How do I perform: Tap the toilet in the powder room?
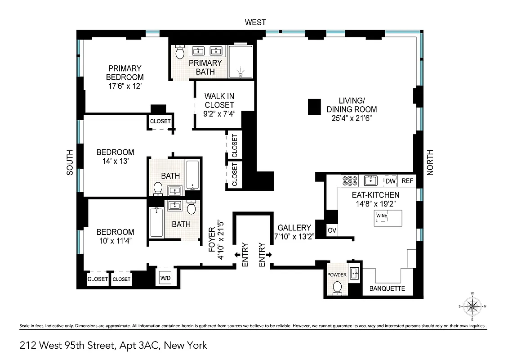(338, 288)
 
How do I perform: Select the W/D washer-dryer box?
(165, 279)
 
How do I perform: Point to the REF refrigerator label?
(407, 181)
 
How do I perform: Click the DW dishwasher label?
(390, 181)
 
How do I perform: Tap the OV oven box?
(332, 230)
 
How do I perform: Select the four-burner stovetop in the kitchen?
(349, 181)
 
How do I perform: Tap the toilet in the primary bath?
(179, 53)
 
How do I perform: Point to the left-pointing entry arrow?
(237, 255)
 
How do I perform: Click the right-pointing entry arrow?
(269, 255)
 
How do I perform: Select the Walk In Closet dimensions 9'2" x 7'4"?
(219, 113)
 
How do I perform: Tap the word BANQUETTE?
(387, 288)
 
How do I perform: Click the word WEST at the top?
(255, 22)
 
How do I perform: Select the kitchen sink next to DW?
(371, 181)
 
